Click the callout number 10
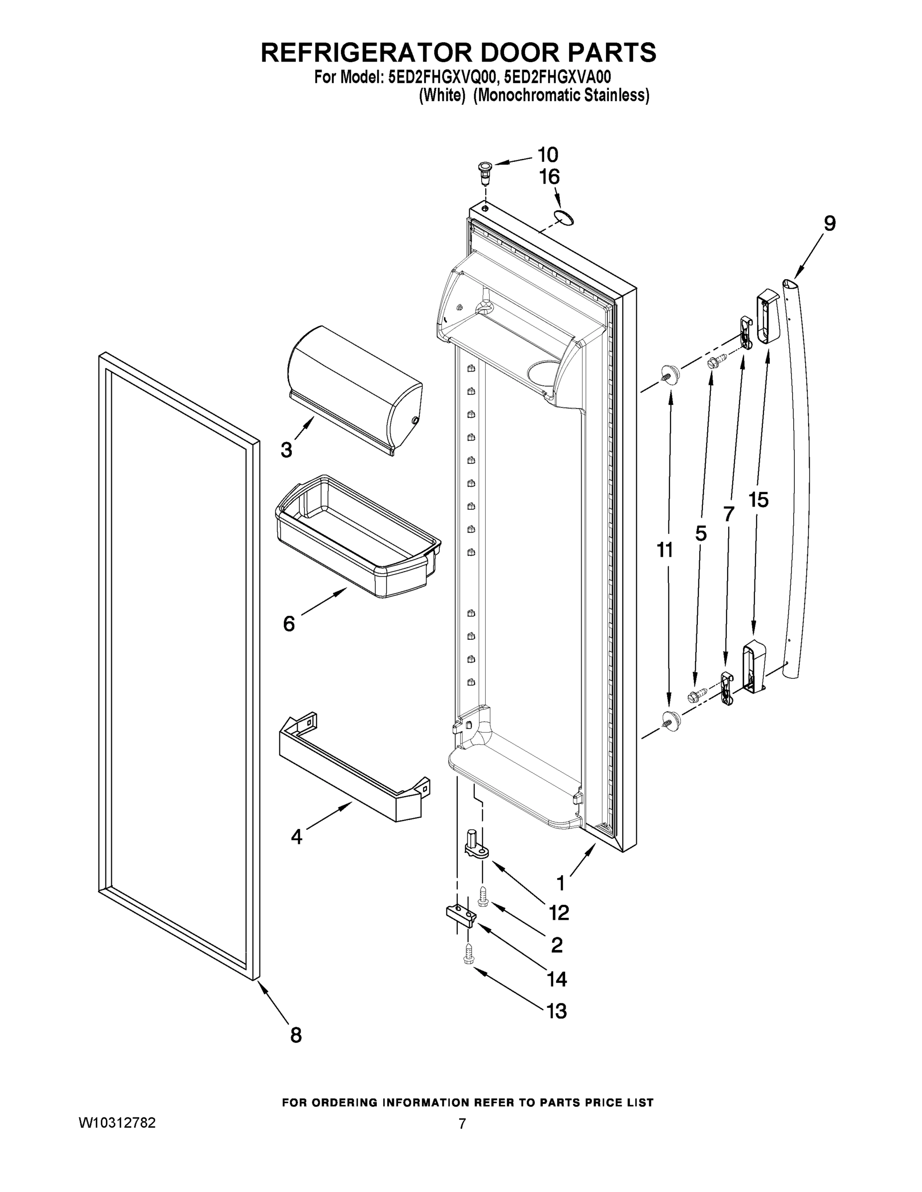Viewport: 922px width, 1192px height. (547, 155)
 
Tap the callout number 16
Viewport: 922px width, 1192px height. (550, 177)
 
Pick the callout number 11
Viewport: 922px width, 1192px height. (664, 550)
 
